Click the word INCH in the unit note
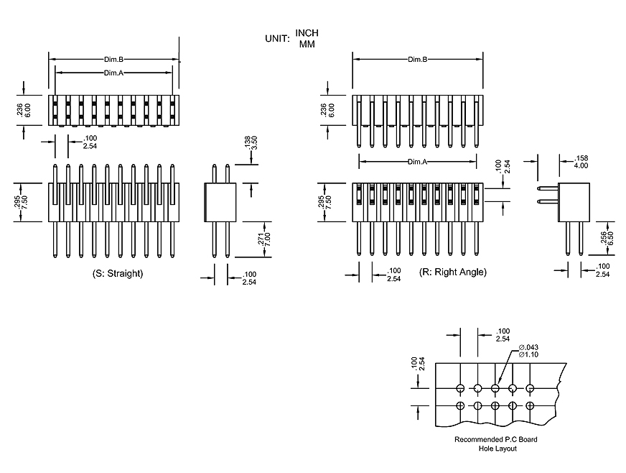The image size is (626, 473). (307, 33)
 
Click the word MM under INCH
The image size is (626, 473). (307, 44)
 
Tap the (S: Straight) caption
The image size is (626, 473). (118, 274)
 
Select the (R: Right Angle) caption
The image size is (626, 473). (452, 272)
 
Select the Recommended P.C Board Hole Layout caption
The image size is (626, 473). (495, 444)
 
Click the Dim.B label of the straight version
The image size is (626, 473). (115, 59)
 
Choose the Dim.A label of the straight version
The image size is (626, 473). (115, 73)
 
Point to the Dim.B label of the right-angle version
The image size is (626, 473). (418, 59)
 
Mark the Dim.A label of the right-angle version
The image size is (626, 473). (418, 162)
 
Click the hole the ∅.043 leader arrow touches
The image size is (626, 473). (495, 389)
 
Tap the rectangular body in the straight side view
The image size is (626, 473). (221, 202)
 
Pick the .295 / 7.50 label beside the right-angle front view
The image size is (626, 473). (327, 202)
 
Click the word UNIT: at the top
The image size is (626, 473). (276, 38)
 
